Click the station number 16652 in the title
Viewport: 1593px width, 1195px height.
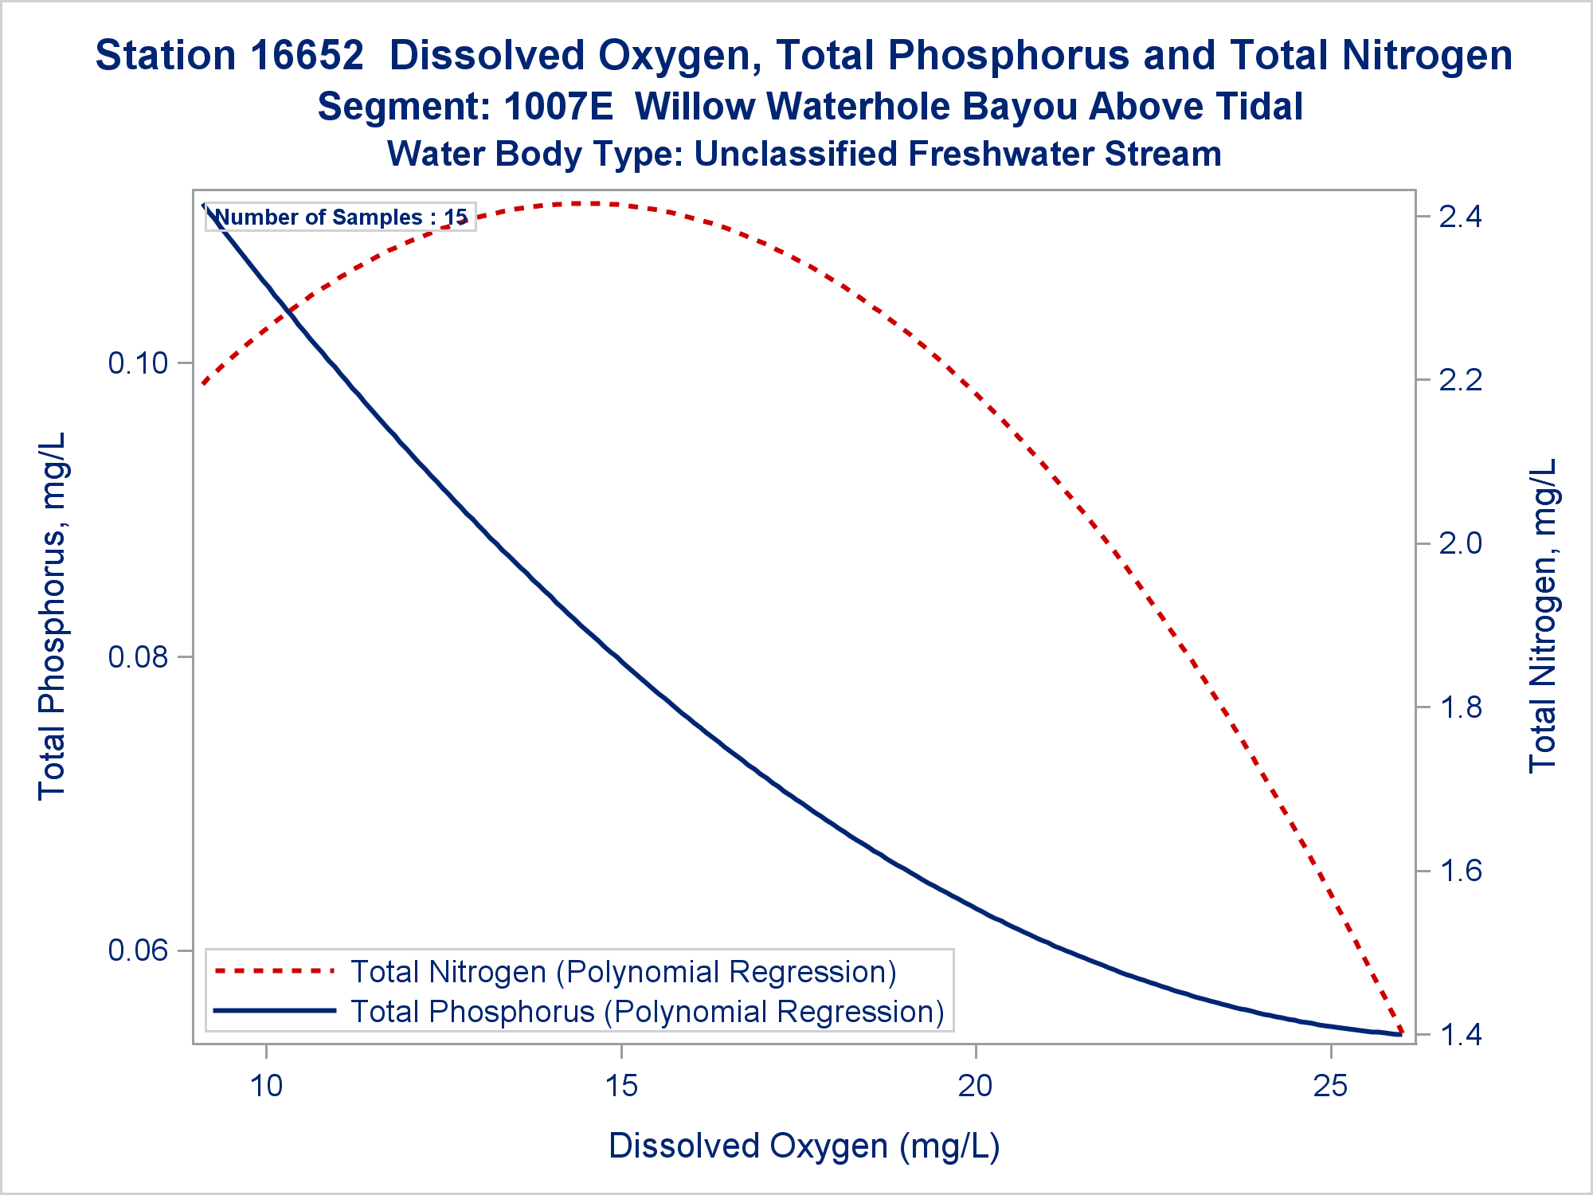[x=307, y=56]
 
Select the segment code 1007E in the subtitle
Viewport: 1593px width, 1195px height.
[x=558, y=107]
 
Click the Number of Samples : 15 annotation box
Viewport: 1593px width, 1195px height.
[x=341, y=217]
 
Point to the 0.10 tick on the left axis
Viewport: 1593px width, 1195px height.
[x=139, y=363]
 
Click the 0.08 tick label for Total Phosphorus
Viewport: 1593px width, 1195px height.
[x=139, y=657]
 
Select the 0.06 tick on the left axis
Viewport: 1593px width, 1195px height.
[x=139, y=950]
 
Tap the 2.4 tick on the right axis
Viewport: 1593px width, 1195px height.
[x=1460, y=217]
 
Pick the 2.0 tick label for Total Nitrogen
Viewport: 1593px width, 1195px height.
[x=1460, y=543]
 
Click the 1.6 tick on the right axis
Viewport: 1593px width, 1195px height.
[x=1460, y=870]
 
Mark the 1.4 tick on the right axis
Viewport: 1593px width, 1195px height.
[x=1460, y=1034]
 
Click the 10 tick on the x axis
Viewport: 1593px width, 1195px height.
[x=266, y=1086]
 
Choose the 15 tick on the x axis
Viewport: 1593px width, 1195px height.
[x=621, y=1086]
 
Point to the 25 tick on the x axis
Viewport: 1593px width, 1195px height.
[x=1330, y=1086]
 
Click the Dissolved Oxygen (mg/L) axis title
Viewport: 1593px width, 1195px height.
[x=804, y=1146]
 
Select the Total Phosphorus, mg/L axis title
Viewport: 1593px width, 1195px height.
[x=53, y=616]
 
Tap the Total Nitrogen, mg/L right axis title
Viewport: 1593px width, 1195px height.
[x=1543, y=616]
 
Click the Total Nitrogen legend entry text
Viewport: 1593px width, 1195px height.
[x=623, y=972]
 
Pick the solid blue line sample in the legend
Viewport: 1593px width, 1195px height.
[x=275, y=1011]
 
